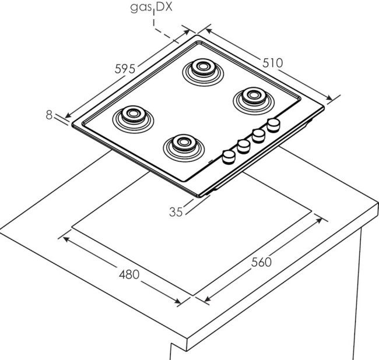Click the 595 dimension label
[125, 68]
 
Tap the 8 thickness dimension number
[49, 115]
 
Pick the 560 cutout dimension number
[261, 262]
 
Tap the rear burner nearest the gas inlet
[201, 69]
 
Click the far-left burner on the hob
[132, 115]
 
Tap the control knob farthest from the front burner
[272, 124]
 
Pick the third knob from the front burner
[258, 135]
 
